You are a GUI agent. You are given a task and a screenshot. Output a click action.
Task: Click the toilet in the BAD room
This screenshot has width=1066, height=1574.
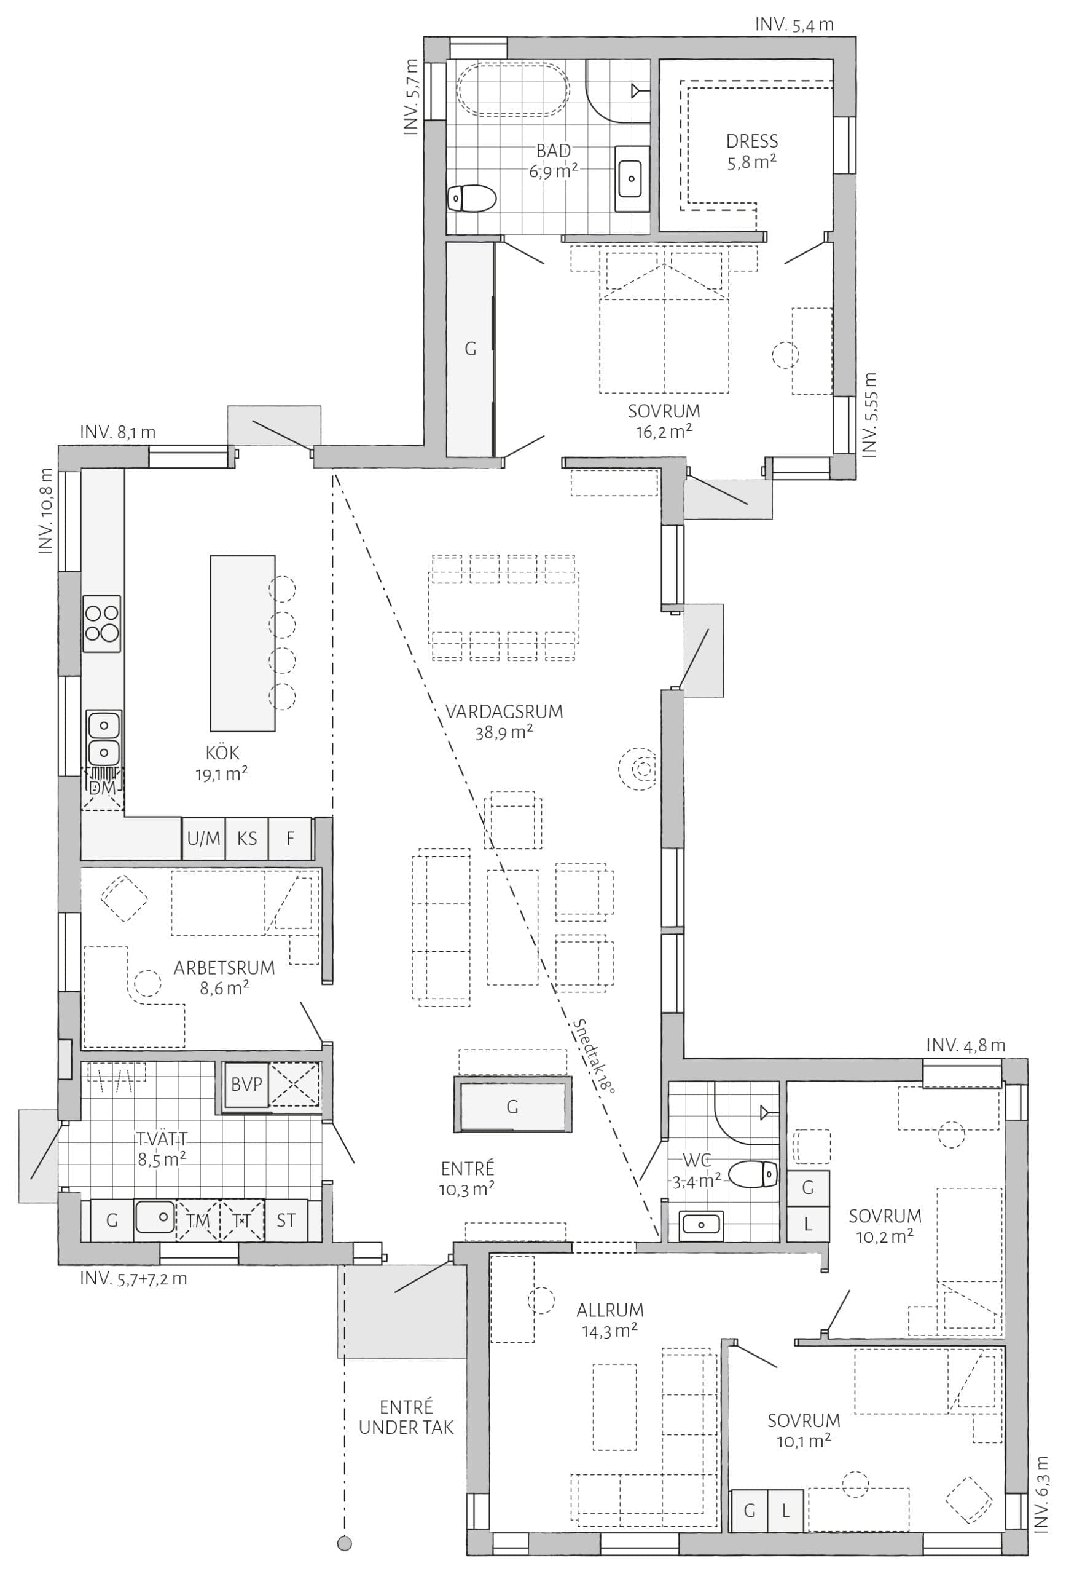click(x=472, y=199)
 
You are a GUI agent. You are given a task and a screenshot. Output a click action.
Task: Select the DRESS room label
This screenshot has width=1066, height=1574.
click(x=751, y=141)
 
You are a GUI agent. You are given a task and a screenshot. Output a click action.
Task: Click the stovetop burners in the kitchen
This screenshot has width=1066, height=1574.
click(x=101, y=623)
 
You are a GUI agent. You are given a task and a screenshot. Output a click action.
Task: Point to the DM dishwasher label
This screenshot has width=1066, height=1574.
click(x=103, y=787)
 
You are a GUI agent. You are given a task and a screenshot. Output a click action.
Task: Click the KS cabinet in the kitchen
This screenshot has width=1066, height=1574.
click(x=247, y=839)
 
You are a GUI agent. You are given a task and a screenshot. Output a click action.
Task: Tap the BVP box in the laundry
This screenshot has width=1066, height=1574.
click(x=246, y=1083)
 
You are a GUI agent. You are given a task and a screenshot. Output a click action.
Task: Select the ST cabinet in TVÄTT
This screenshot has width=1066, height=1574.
click(x=286, y=1220)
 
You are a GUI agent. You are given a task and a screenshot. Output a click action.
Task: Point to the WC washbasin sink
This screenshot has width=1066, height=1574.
click(x=701, y=1225)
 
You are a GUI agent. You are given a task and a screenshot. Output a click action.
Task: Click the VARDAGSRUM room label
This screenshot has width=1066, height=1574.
click(x=504, y=711)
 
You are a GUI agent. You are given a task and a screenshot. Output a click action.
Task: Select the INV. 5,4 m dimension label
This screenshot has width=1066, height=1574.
click(x=794, y=25)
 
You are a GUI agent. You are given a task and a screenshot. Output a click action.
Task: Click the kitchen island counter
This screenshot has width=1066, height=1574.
click(x=242, y=643)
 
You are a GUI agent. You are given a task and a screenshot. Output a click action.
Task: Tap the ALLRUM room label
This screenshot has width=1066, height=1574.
click(x=610, y=1310)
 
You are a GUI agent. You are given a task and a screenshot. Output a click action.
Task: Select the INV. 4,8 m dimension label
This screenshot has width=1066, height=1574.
click(x=966, y=1045)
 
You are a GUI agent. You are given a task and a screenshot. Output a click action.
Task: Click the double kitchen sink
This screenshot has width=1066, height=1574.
click(x=104, y=738)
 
